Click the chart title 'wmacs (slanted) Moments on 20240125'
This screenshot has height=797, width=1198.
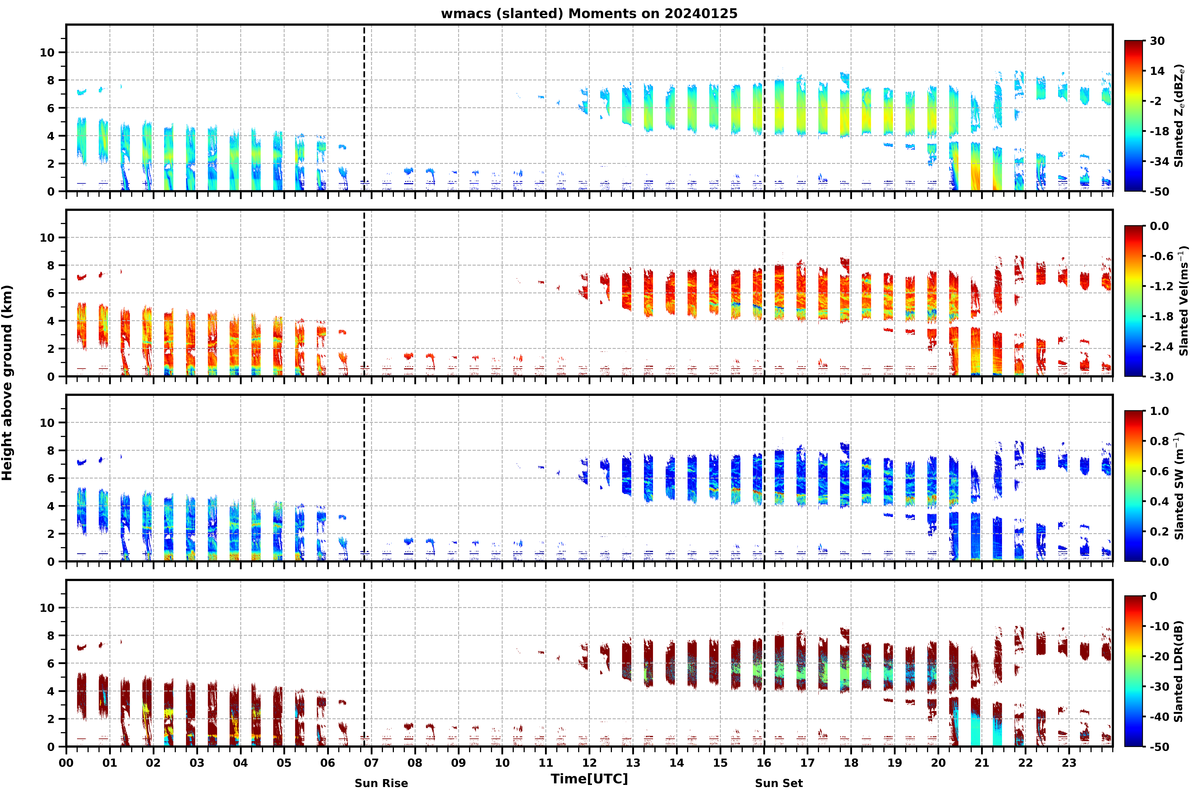(x=589, y=14)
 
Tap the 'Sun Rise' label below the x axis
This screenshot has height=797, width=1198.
(x=381, y=783)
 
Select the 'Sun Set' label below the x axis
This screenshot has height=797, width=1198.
(x=779, y=783)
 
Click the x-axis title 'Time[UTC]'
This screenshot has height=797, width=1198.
(x=589, y=779)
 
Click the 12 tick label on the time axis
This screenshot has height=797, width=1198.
(x=589, y=763)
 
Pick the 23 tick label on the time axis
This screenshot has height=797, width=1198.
(x=1069, y=763)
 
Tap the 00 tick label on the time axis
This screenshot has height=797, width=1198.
(x=66, y=763)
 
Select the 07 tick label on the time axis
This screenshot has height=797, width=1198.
(x=371, y=763)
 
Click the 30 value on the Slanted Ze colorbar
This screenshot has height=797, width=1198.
(x=1157, y=41)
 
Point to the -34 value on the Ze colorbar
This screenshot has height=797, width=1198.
(x=1159, y=162)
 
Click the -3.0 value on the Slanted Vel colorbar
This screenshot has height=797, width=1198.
(x=1161, y=377)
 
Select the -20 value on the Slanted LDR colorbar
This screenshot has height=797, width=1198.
(x=1159, y=656)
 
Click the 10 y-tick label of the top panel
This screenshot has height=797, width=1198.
(x=47, y=52)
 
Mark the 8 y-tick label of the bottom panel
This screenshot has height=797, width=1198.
(x=50, y=635)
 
